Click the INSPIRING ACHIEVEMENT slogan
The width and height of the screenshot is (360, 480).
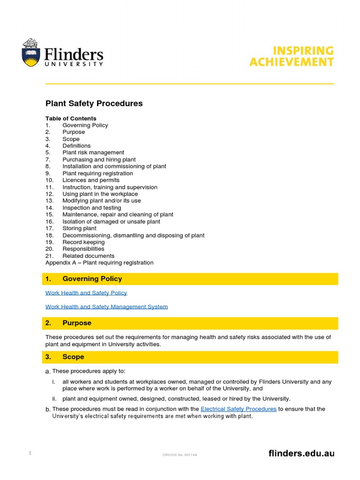(291, 56)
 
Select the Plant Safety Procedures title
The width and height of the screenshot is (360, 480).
(94, 104)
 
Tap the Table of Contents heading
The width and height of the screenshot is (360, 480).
(71, 119)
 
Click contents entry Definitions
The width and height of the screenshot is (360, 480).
(76, 146)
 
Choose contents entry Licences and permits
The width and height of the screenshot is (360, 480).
(91, 180)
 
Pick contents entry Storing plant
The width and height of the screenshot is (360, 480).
(79, 228)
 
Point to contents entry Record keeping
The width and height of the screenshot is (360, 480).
(83, 242)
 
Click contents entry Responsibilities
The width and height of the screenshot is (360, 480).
(83, 249)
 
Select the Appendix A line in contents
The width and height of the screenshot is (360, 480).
(99, 262)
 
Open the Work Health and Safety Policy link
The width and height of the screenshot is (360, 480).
(86, 293)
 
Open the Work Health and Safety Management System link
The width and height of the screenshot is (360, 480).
(106, 307)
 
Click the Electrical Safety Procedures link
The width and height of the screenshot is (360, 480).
(238, 409)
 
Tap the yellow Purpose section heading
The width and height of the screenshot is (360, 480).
(77, 323)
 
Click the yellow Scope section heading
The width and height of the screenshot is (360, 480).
(73, 357)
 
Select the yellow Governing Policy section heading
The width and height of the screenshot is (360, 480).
(92, 279)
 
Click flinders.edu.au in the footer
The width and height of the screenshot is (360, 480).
(301, 453)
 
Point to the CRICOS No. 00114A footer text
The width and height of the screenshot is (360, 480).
(180, 455)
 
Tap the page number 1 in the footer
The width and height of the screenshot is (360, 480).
(30, 453)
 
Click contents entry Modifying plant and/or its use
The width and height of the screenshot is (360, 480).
(102, 201)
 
